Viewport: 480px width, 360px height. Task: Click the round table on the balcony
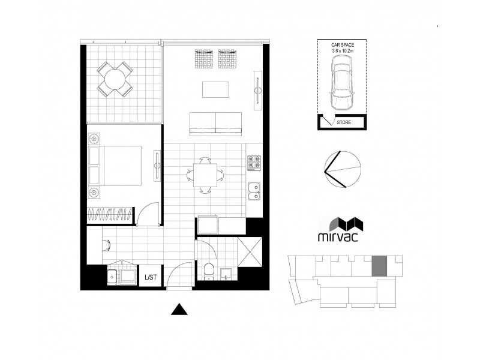click(x=115, y=78)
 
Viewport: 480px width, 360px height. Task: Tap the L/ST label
click(x=150, y=278)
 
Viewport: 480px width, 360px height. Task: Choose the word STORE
click(x=344, y=123)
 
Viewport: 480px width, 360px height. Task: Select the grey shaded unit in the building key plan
click(x=380, y=266)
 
